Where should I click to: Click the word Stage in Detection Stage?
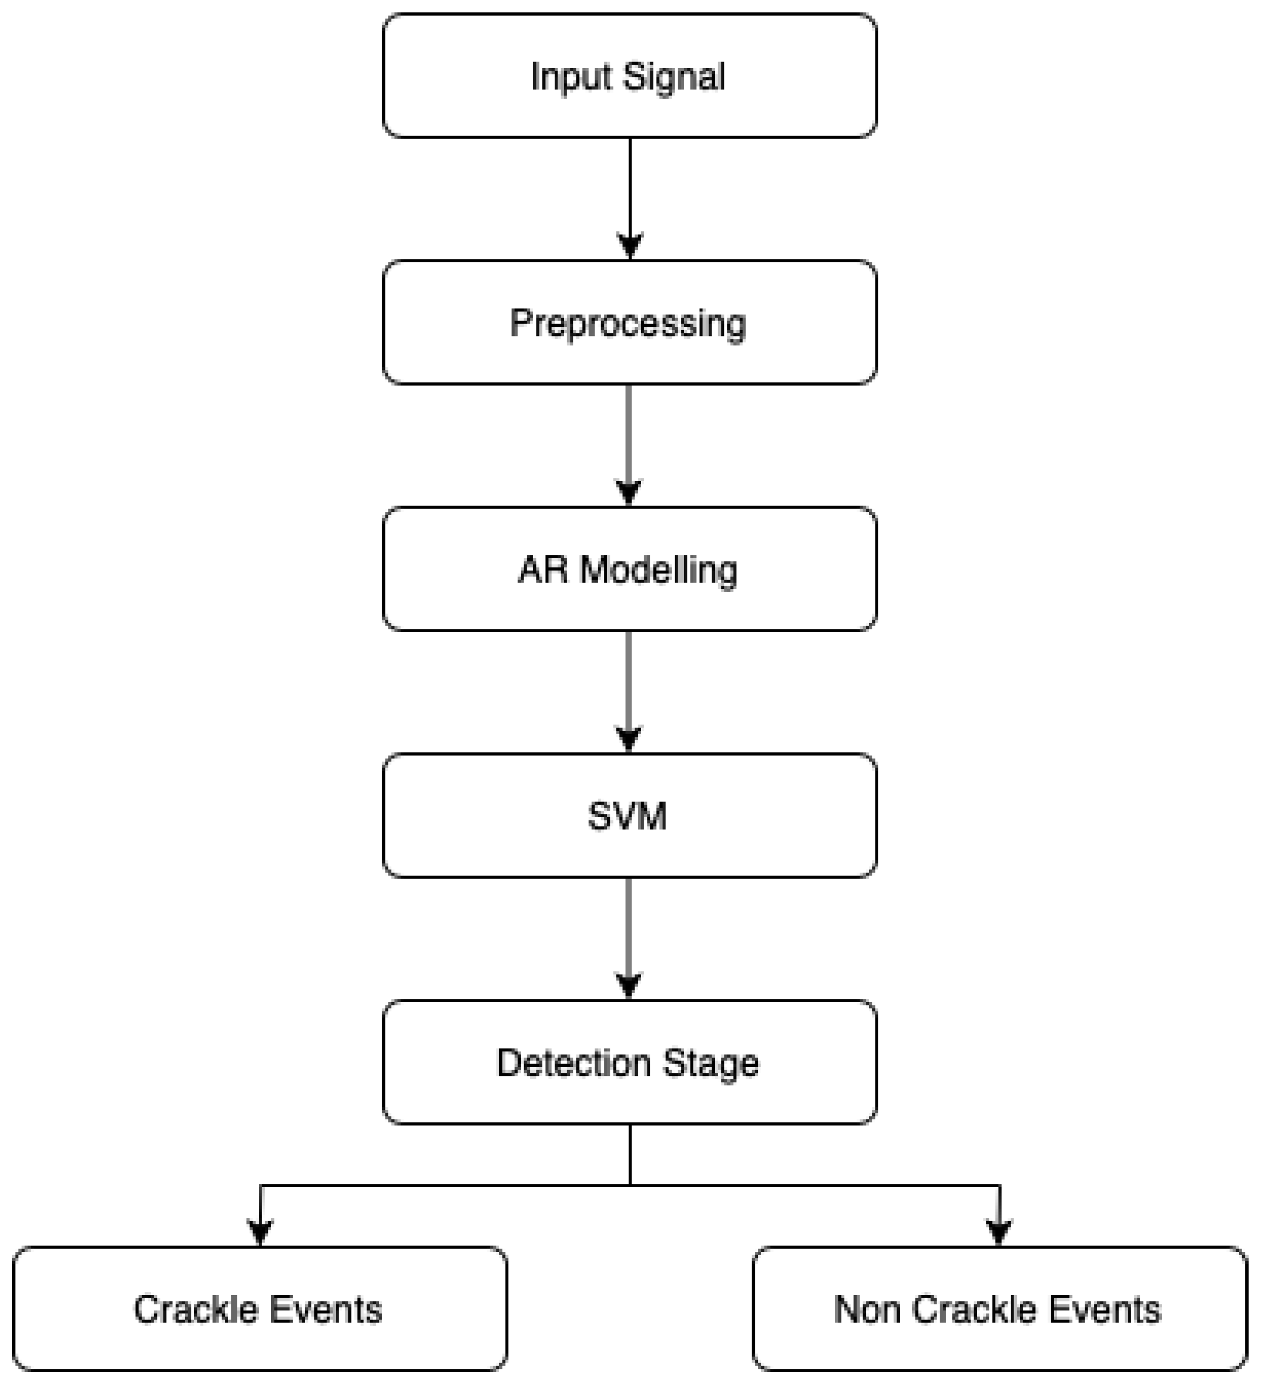point(710,1063)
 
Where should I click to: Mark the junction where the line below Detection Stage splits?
point(630,1186)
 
